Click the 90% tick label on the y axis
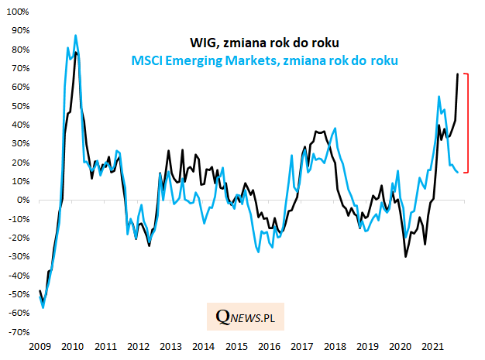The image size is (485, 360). click(15, 30)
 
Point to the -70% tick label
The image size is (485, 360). click(15, 332)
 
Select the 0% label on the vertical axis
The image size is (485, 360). click(20, 200)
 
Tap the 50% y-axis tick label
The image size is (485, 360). click(15, 105)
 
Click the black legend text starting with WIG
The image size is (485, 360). click(266, 42)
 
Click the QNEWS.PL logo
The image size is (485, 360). click(246, 317)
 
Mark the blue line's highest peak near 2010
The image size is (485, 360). click(75, 35)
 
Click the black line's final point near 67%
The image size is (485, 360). click(457, 74)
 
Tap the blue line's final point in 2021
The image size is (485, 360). click(457, 172)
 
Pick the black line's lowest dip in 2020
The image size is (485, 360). click(405, 256)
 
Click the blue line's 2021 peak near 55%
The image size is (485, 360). click(439, 97)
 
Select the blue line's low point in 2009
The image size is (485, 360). click(43, 307)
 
